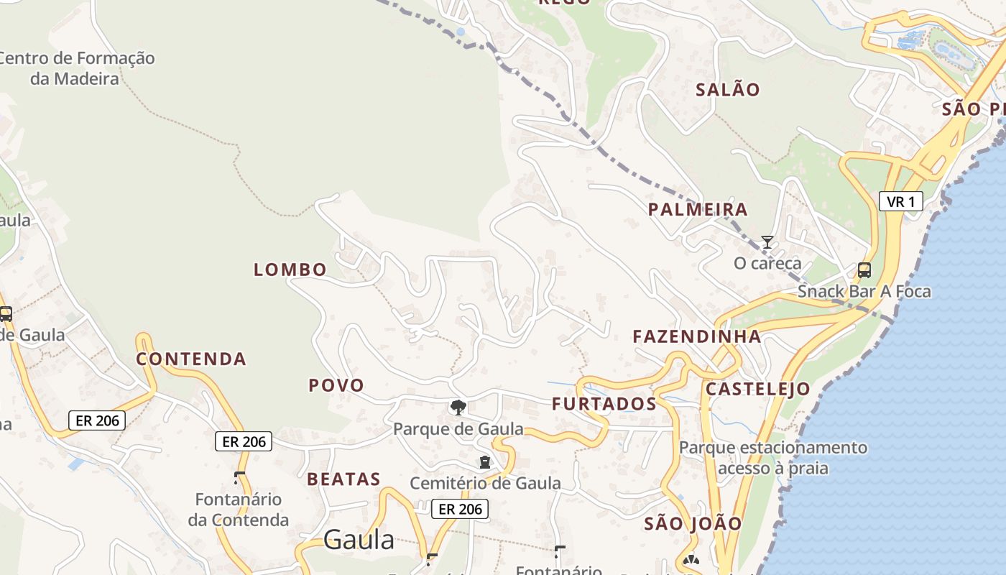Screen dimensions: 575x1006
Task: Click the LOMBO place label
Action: coord(290,270)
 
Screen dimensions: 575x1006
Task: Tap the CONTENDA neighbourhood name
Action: coord(191,359)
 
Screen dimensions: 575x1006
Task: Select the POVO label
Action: coord(336,385)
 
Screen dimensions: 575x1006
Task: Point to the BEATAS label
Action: coord(343,479)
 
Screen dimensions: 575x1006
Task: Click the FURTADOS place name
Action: coord(604,404)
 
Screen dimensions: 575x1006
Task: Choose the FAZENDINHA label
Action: coord(696,336)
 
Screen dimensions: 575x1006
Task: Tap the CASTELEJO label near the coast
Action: coord(757,390)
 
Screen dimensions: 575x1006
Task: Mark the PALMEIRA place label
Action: coord(698,210)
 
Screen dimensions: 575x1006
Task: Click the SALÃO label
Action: coord(728,90)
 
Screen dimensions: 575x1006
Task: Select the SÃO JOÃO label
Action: coord(693,523)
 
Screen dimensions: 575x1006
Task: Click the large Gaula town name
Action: coord(359,540)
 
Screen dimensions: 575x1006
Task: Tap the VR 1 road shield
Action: coord(900,201)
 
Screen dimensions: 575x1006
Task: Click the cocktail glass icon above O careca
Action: coord(767,242)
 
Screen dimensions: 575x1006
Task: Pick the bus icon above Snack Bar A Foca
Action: coord(864,270)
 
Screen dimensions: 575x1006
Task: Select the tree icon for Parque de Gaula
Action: coord(458,408)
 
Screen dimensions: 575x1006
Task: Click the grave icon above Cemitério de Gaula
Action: coord(484,461)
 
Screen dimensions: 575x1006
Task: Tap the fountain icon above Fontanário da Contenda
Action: coord(239,477)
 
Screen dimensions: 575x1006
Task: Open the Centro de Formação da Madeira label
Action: coord(75,68)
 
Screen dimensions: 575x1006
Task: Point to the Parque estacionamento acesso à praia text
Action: coord(773,458)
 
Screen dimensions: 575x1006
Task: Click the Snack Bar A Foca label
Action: coord(864,292)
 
